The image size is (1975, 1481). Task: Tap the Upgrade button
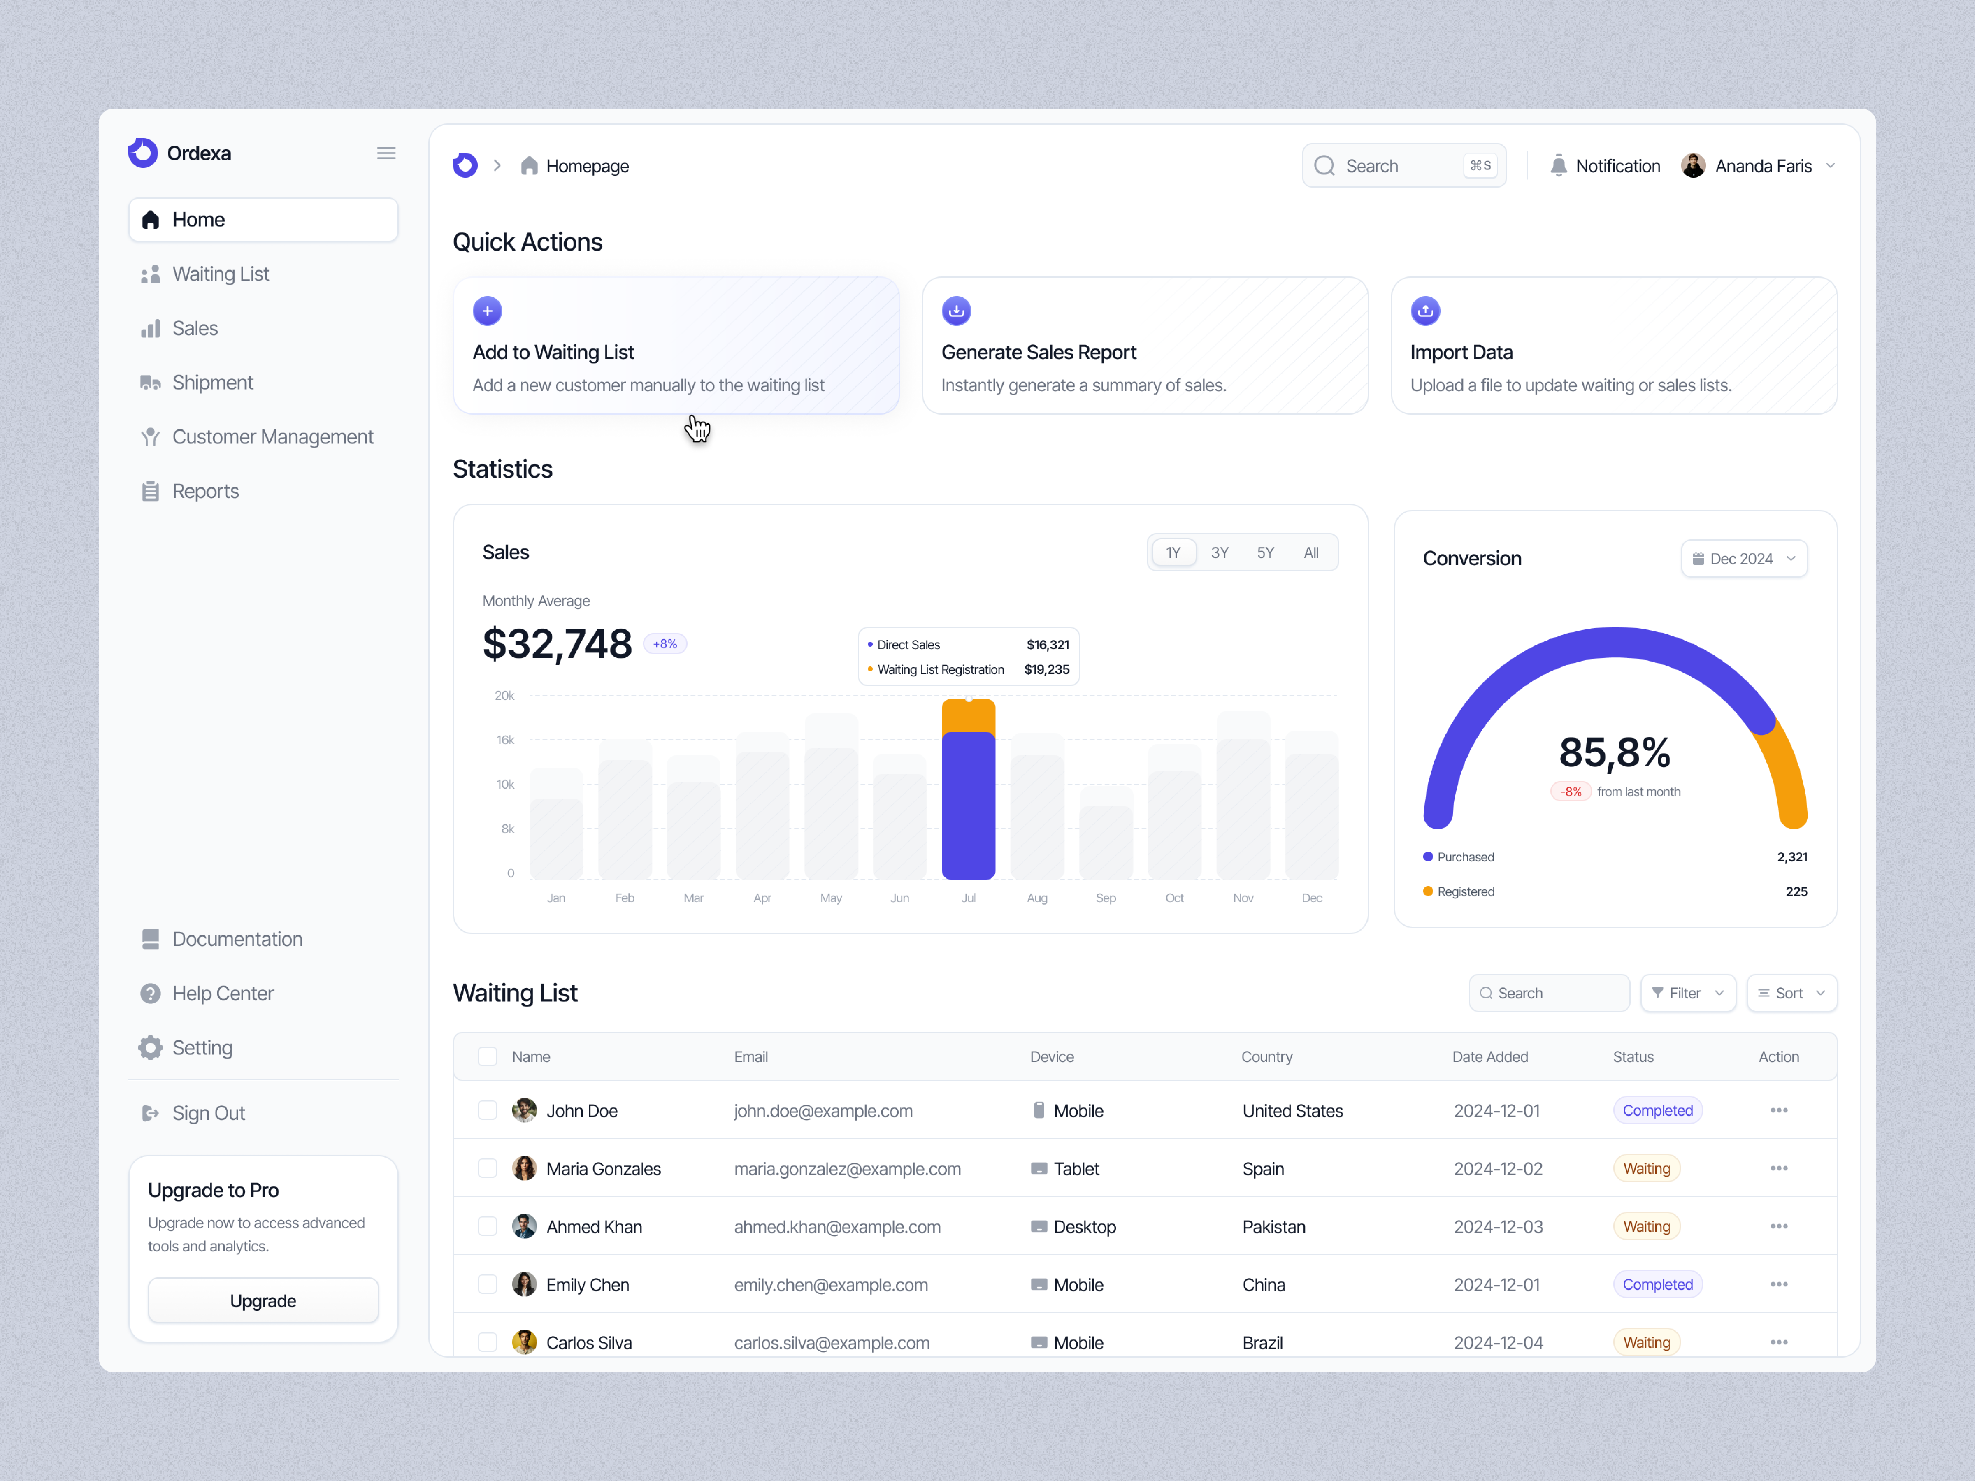coord(263,1301)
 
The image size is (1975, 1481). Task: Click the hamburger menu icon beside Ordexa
coord(386,153)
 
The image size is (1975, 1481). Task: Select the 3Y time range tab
coord(1220,552)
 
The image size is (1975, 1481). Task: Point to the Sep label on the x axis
coord(1105,898)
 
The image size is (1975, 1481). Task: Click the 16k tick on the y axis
coord(505,740)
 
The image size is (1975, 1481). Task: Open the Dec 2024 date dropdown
coord(1744,559)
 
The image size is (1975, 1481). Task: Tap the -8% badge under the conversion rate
coord(1571,792)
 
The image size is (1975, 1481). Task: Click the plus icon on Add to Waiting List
coord(488,311)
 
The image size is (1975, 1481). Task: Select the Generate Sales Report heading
coord(1039,353)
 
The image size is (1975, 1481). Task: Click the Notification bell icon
coord(1558,166)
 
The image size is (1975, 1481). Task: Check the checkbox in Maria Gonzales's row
coord(488,1169)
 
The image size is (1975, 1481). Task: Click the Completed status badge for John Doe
coord(1657,1110)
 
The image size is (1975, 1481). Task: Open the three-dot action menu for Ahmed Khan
coord(1779,1227)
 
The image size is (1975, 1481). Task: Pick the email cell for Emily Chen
coord(830,1285)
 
